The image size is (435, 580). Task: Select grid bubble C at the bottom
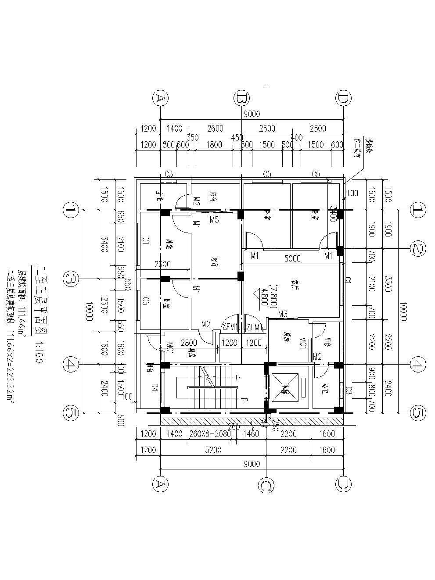[x=266, y=485]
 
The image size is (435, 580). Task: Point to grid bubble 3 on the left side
[x=71, y=279]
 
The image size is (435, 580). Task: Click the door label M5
[x=214, y=220]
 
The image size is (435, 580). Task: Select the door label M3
[x=283, y=314]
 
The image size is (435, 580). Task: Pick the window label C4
[x=155, y=387]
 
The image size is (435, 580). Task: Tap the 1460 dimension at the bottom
[x=251, y=434]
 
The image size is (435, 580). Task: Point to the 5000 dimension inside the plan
[x=292, y=259]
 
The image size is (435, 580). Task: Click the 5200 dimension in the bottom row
[x=213, y=450]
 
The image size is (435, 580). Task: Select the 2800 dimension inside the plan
[x=189, y=342]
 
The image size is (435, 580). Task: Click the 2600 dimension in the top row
[x=215, y=129]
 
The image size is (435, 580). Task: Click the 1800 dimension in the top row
[x=214, y=145]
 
